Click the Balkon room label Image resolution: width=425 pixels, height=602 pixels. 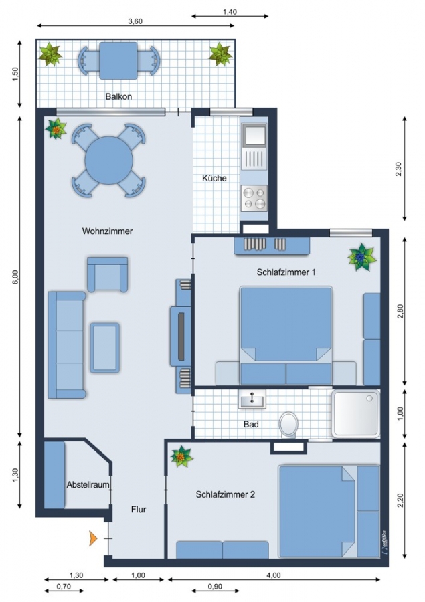118,96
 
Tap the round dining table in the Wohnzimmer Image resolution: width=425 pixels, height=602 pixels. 108,160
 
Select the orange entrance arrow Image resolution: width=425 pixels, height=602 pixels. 93,538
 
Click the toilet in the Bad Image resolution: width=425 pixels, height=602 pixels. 289,425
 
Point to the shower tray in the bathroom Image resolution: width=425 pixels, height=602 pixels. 356,413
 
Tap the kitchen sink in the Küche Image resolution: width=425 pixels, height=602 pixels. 254,135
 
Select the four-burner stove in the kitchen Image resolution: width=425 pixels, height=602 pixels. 254,198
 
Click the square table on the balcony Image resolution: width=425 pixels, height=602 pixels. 118,61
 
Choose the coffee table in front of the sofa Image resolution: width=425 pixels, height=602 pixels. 105,348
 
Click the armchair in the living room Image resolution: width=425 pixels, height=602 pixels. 108,274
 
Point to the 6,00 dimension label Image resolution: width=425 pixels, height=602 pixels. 15,277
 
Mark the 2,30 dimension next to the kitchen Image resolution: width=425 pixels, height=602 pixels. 398,169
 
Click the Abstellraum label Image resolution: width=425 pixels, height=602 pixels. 88,484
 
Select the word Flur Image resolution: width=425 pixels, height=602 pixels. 139,510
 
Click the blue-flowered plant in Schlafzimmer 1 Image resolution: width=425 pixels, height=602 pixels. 361,257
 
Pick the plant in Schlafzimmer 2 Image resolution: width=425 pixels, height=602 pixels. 181,456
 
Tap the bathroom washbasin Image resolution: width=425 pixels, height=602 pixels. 252,400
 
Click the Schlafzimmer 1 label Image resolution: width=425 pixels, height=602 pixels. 286,272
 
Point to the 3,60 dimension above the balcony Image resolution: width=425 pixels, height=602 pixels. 135,21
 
